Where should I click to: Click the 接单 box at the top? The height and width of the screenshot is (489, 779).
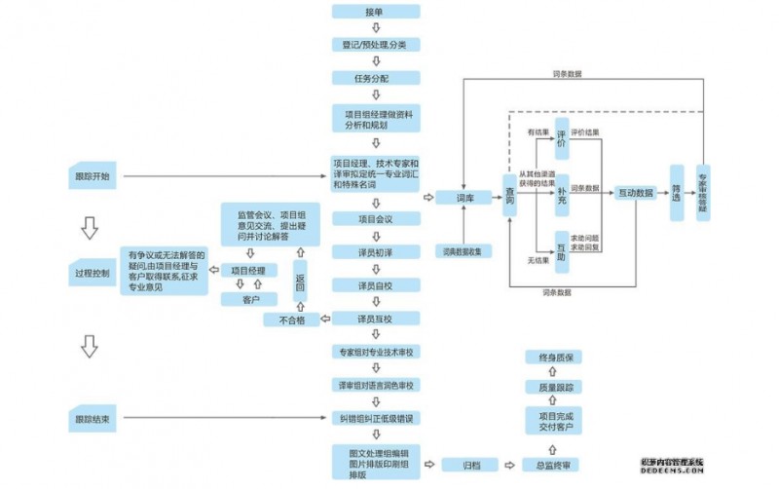click(x=375, y=12)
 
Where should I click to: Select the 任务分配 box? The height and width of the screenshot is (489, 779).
click(x=375, y=78)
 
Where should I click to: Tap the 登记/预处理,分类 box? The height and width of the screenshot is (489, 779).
click(x=375, y=45)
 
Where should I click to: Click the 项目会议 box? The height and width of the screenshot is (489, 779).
click(x=375, y=219)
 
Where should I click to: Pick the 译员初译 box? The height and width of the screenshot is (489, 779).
click(x=375, y=251)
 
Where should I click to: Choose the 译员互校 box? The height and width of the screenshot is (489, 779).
click(x=375, y=319)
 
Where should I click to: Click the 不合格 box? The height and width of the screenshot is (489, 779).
click(x=292, y=320)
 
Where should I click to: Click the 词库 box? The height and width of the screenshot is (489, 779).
click(x=464, y=197)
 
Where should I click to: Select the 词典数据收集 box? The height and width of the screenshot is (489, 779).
click(x=464, y=250)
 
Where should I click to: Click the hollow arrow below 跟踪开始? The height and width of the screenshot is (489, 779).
click(x=91, y=228)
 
